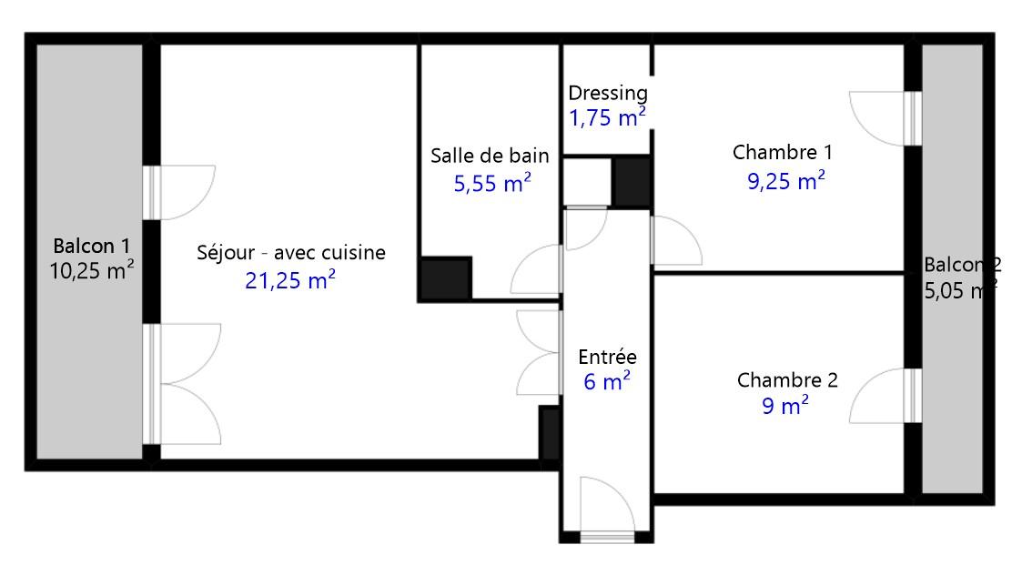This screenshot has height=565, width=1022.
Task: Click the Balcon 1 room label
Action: pyautogui.click(x=91, y=247)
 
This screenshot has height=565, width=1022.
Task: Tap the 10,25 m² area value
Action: pyautogui.click(x=92, y=270)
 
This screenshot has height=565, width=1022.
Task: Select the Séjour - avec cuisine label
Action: pyautogui.click(x=291, y=253)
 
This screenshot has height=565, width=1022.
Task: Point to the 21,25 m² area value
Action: pyautogui.click(x=290, y=279)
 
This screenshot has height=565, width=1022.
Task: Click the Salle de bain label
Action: pyautogui.click(x=490, y=156)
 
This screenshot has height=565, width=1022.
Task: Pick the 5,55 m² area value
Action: pyautogui.click(x=492, y=183)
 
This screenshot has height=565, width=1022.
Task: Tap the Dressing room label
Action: pyautogui.click(x=607, y=93)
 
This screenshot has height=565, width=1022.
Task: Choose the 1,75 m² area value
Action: pyautogui.click(x=607, y=118)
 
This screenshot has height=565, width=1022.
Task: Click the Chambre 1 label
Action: pyautogui.click(x=782, y=153)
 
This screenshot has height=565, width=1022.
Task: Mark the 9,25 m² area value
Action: pyautogui.click(x=786, y=180)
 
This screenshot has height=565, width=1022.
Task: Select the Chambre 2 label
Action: pyautogui.click(x=787, y=380)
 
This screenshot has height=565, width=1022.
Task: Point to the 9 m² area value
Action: pyautogui.click(x=785, y=406)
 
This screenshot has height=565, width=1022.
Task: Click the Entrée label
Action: pyautogui.click(x=607, y=357)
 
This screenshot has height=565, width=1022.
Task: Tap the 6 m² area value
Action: pyautogui.click(x=607, y=381)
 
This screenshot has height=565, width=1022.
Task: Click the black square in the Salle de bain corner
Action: pyautogui.click(x=446, y=278)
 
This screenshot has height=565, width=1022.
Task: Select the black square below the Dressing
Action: pyautogui.click(x=632, y=183)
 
